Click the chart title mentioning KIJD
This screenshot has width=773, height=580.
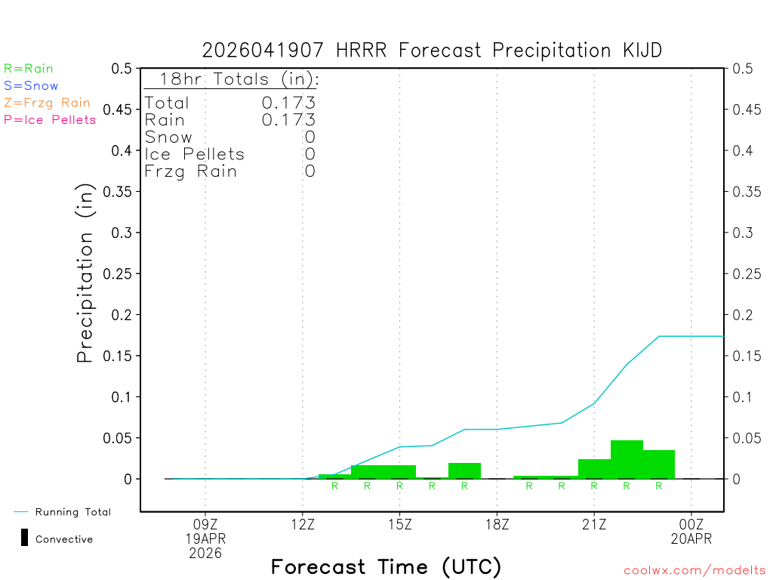(432, 51)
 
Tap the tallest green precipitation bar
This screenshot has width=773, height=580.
(627, 459)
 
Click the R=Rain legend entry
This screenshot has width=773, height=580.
(29, 69)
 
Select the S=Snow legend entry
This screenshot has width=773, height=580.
(31, 86)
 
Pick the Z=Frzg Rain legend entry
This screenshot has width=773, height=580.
(47, 103)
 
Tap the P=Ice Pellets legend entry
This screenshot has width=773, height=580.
(50, 119)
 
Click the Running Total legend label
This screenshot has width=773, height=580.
(72, 512)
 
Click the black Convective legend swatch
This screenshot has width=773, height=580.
(24, 538)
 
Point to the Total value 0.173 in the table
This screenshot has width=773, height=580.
(288, 103)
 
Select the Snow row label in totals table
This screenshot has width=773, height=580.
(168, 137)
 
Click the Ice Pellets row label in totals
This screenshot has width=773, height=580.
(195, 154)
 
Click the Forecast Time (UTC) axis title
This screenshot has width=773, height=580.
(386, 566)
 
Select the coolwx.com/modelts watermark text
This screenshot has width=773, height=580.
(694, 571)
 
